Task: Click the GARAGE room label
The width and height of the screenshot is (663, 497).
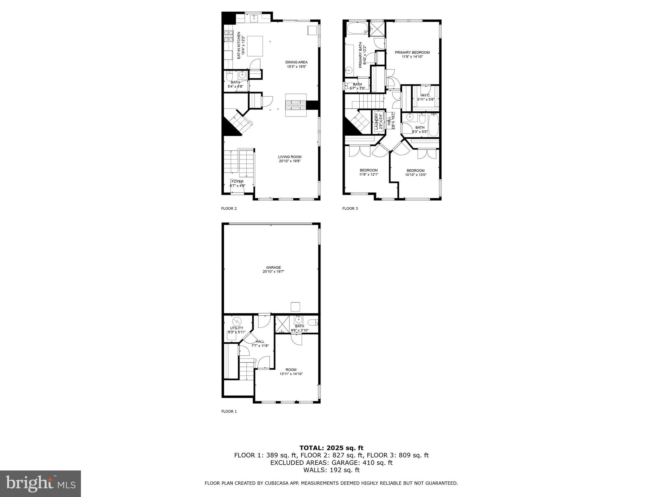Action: click(273, 267)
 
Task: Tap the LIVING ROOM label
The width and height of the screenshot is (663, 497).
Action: click(289, 157)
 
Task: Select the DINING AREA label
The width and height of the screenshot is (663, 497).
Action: click(296, 62)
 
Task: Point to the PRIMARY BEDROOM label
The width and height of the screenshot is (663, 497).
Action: click(412, 52)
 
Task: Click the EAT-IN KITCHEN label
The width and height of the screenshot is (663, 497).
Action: click(239, 45)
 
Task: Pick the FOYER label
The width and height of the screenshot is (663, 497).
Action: click(237, 182)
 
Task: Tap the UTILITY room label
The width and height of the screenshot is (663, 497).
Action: click(237, 328)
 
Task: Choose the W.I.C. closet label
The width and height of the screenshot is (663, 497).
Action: click(425, 95)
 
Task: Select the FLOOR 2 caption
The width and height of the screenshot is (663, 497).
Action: click(229, 208)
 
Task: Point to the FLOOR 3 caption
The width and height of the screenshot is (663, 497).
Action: click(350, 208)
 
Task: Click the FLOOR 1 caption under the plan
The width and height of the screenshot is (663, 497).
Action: click(229, 411)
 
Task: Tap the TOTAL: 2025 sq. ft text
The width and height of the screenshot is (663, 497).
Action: click(331, 448)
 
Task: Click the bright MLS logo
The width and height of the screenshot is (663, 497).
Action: click(40, 483)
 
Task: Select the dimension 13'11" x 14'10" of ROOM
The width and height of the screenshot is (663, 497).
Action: click(291, 374)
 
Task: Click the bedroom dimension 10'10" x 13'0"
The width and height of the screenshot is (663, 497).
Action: click(416, 175)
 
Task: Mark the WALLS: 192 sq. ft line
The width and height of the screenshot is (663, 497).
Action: click(331, 470)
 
